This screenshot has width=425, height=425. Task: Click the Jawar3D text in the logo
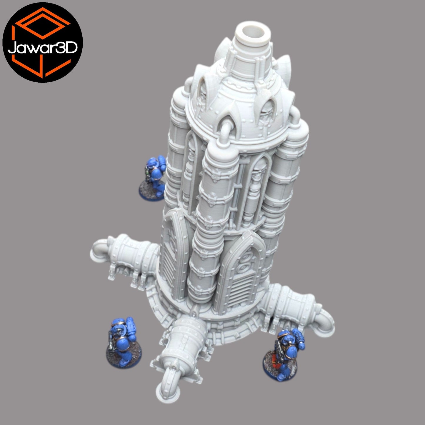[x=43, y=48]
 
